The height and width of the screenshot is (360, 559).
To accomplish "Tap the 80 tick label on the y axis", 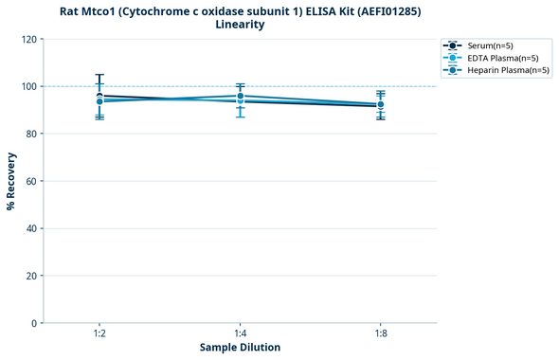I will tap(30, 134).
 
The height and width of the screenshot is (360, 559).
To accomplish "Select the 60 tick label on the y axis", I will tap(30, 181).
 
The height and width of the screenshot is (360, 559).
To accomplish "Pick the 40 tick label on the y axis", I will tap(30, 228).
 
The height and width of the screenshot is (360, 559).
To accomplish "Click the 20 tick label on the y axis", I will tap(30, 276).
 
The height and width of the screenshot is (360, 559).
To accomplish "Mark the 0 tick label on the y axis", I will tap(33, 323).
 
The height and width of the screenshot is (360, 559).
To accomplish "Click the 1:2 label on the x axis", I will tap(99, 334).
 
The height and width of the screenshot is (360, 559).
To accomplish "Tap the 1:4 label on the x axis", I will tap(240, 334).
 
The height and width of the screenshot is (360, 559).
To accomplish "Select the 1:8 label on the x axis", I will tap(381, 334).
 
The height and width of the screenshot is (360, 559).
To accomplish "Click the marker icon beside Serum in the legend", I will tap(453, 45).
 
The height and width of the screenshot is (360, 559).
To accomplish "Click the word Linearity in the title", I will tap(240, 25).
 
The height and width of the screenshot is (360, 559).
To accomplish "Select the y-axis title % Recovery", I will tap(11, 181).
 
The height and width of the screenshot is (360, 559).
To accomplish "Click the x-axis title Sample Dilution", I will tap(240, 348).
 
